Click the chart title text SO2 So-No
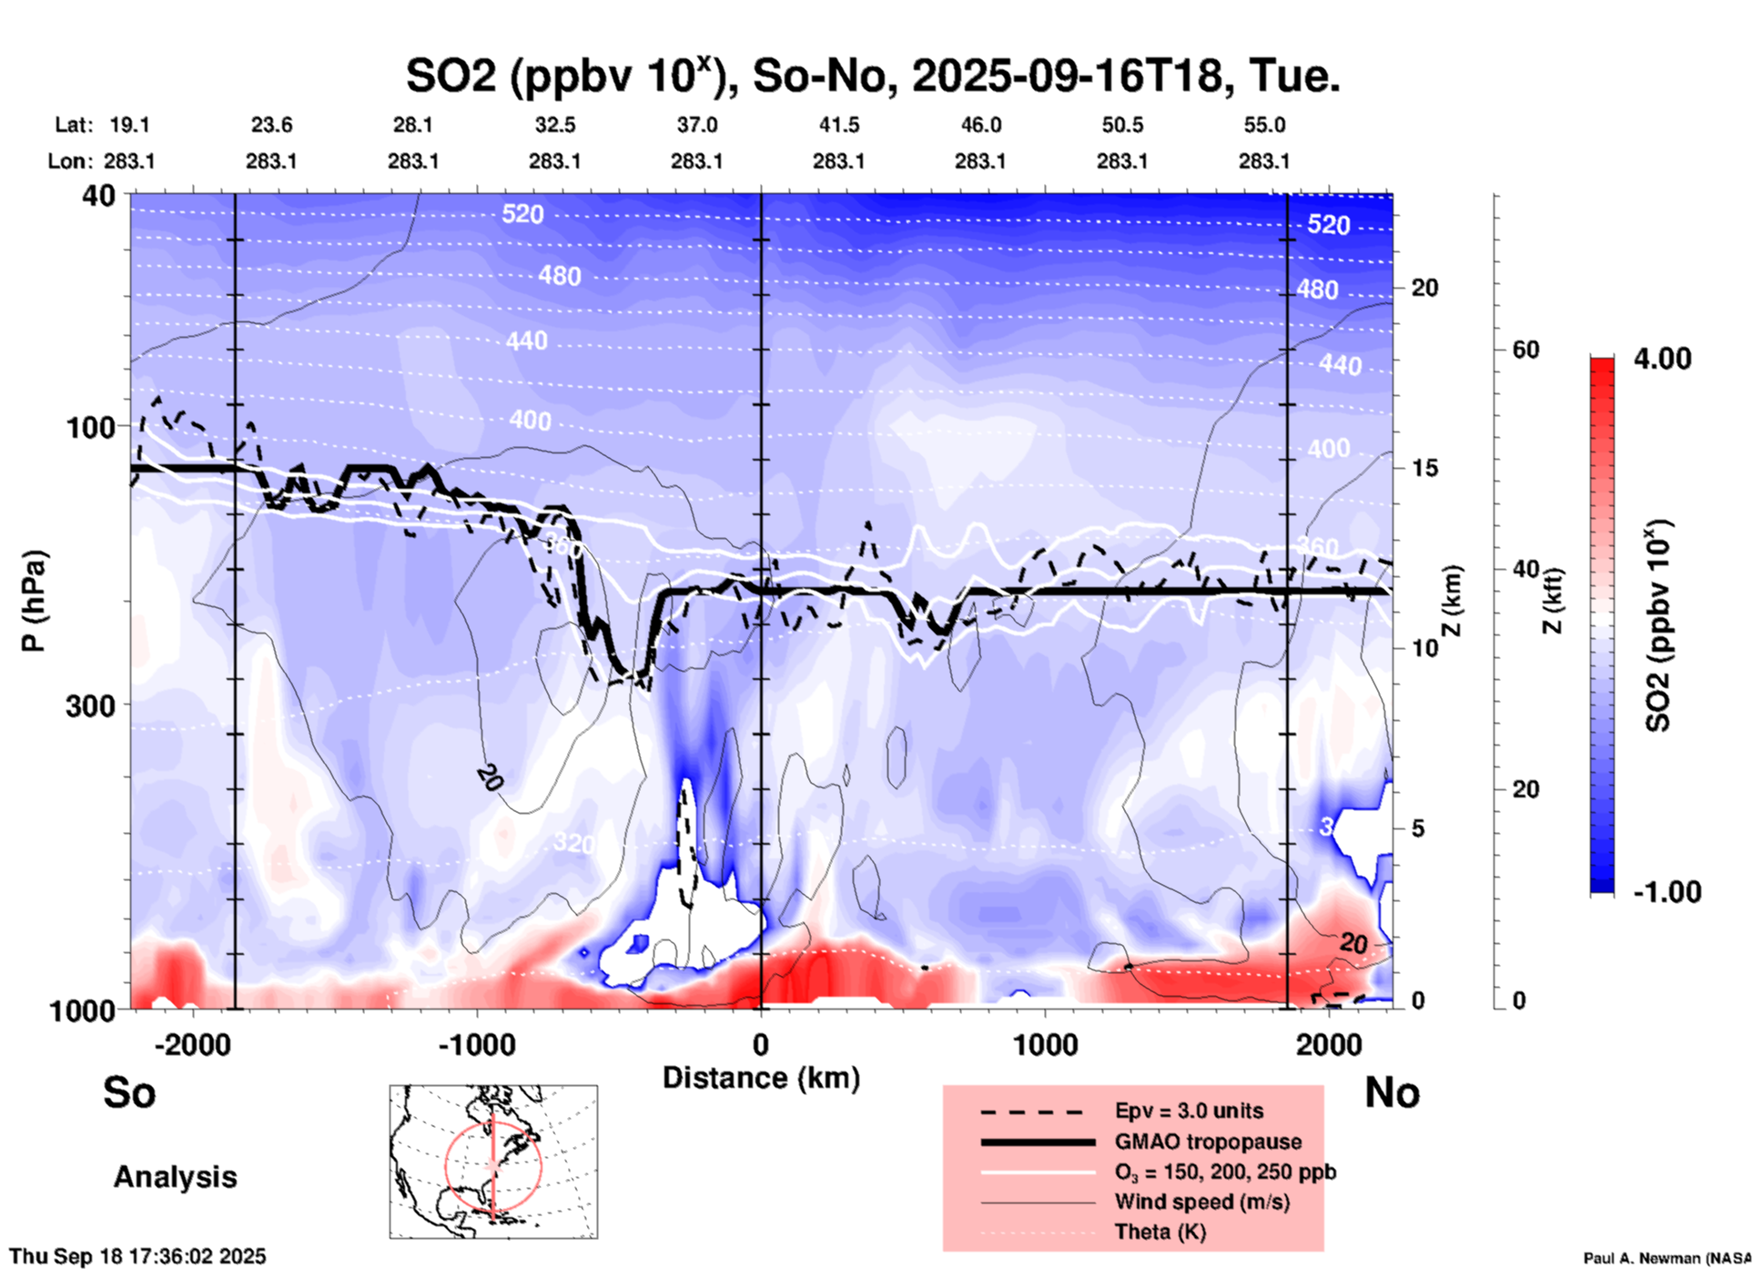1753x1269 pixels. tap(872, 76)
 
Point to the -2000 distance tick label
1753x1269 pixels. tap(192, 1045)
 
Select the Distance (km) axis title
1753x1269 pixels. tap(761, 1078)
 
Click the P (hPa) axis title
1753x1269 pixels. tap(34, 600)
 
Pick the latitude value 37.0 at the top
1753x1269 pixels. tap(696, 125)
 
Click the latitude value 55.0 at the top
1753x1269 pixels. tap(1264, 125)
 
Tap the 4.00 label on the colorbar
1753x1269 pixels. tap(1662, 359)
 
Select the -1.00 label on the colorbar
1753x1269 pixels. tap(1667, 892)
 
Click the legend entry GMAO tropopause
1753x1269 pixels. tap(1208, 1142)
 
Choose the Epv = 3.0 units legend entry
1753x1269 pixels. tap(1189, 1111)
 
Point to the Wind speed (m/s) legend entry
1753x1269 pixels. tap(1201, 1202)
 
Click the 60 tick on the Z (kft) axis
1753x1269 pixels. tap(1525, 350)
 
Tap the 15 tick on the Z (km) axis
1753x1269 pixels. tap(1424, 468)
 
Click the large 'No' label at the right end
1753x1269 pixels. tap(1392, 1092)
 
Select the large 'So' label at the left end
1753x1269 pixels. tap(129, 1092)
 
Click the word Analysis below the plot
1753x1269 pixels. tap(175, 1177)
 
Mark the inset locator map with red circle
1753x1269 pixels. tap(493, 1162)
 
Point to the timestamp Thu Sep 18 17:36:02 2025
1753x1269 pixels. tap(137, 1256)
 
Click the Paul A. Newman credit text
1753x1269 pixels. tap(1667, 1258)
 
